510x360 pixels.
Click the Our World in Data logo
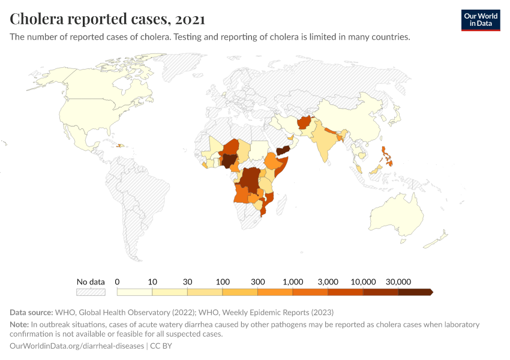click(x=480, y=20)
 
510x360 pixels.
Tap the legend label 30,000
click(x=398, y=281)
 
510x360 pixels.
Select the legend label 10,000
click(x=363, y=281)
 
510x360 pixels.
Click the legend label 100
click(x=223, y=281)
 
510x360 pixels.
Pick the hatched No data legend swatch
click(x=91, y=292)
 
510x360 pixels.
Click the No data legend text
click(x=91, y=281)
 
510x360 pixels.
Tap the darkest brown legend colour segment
click(x=415, y=292)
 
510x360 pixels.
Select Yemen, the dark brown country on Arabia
click(x=284, y=150)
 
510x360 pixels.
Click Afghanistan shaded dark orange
click(x=305, y=122)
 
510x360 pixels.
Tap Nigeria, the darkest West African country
click(x=229, y=160)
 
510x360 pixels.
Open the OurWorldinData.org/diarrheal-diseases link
click(x=77, y=346)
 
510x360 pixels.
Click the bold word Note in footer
click(x=20, y=325)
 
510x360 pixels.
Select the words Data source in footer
click(x=31, y=312)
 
